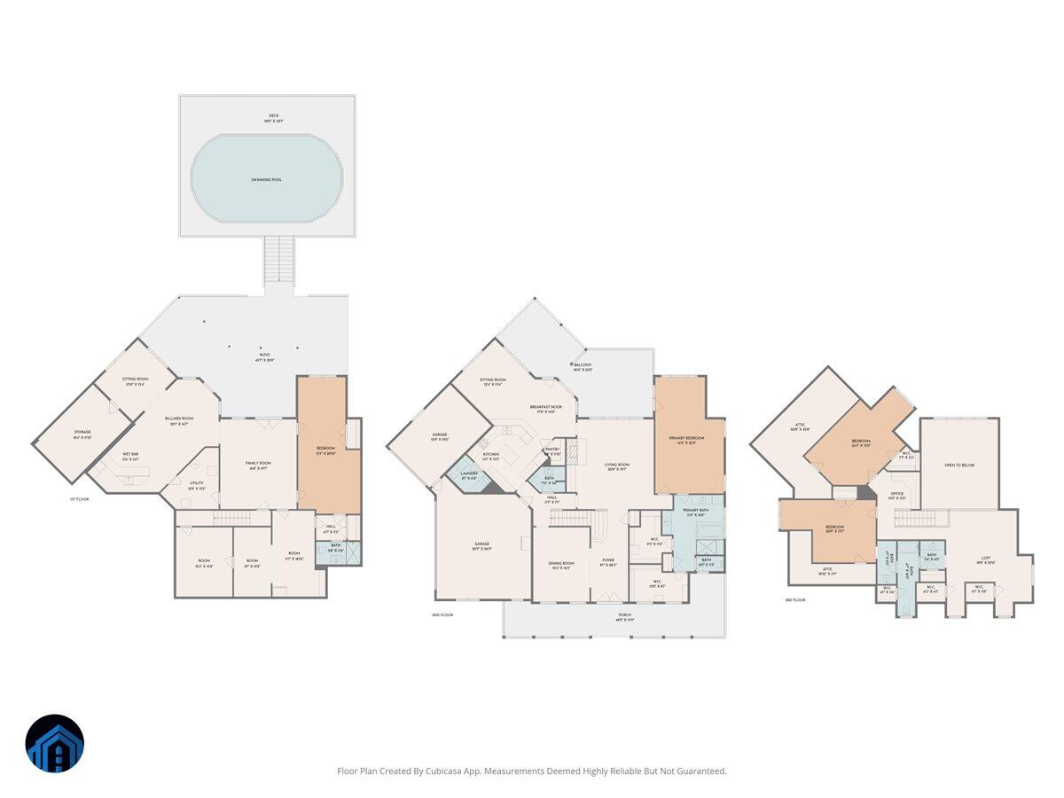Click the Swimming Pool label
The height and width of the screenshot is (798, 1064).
(x=266, y=180)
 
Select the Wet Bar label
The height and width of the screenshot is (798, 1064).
(x=130, y=456)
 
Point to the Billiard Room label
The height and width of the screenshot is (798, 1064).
(x=178, y=420)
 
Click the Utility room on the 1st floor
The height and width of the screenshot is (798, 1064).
(x=197, y=485)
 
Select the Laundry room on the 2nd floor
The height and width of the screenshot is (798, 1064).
(x=468, y=475)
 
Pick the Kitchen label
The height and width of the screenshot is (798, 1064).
(x=491, y=457)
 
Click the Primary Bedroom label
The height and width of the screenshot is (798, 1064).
(x=688, y=440)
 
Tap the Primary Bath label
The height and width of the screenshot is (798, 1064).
(x=696, y=512)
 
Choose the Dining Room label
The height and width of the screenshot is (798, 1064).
(x=561, y=565)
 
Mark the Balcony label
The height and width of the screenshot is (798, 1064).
(x=583, y=366)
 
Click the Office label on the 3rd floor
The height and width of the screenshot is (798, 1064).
(x=897, y=496)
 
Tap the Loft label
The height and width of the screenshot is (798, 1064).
(x=986, y=560)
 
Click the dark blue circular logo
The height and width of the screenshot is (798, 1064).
(x=55, y=743)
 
